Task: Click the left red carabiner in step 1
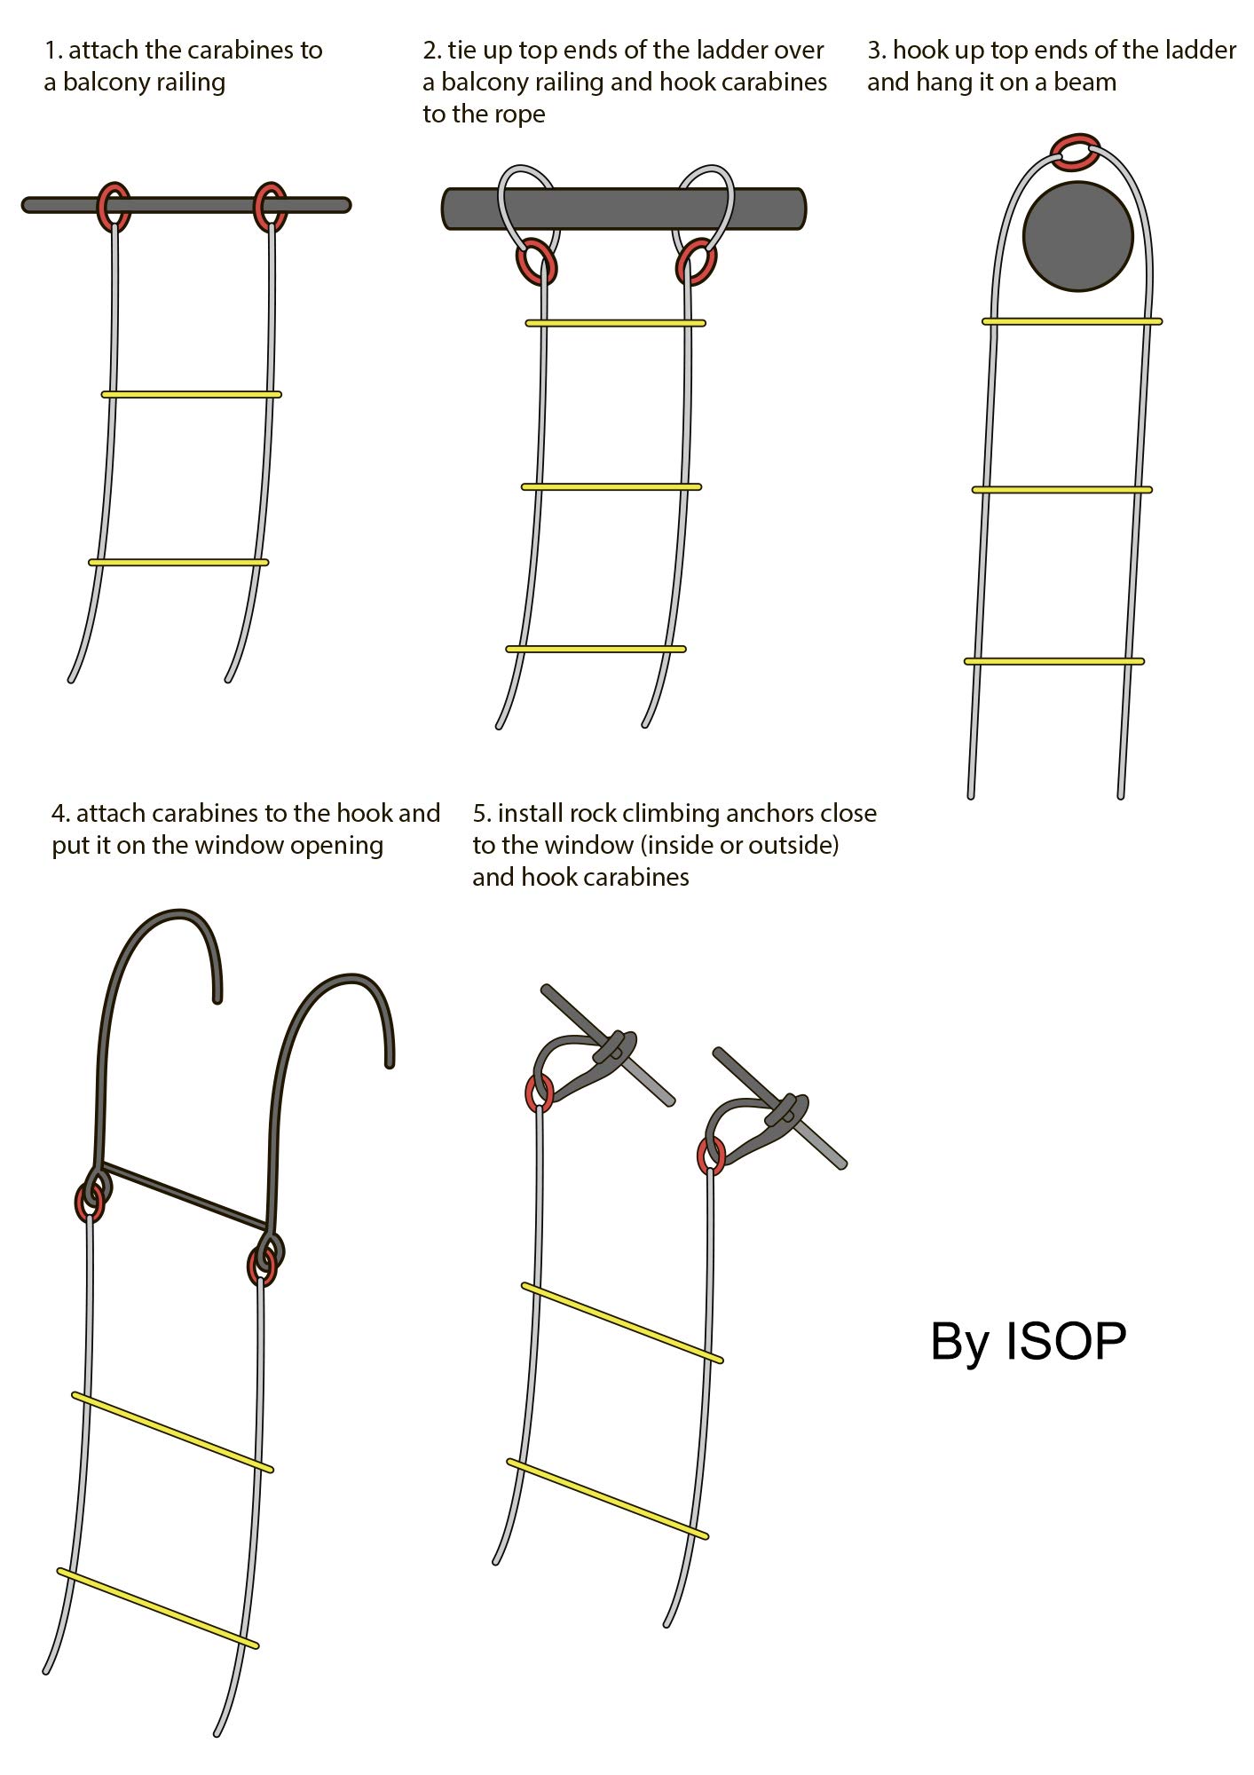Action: [114, 206]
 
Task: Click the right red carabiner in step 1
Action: [270, 206]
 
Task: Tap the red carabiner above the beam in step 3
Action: [1076, 152]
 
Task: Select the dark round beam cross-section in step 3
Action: [1077, 236]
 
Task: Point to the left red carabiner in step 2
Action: [536, 262]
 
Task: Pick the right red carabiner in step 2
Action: [696, 262]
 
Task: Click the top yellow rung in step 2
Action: [615, 323]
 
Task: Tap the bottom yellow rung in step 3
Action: [1053, 661]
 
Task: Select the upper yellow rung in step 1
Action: [191, 394]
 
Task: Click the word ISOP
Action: [1065, 1341]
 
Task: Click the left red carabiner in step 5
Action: [539, 1093]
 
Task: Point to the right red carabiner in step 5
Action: [710, 1156]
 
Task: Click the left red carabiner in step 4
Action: [90, 1203]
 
